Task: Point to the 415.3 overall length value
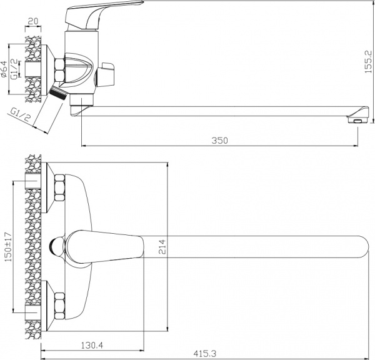click(x=203, y=354)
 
